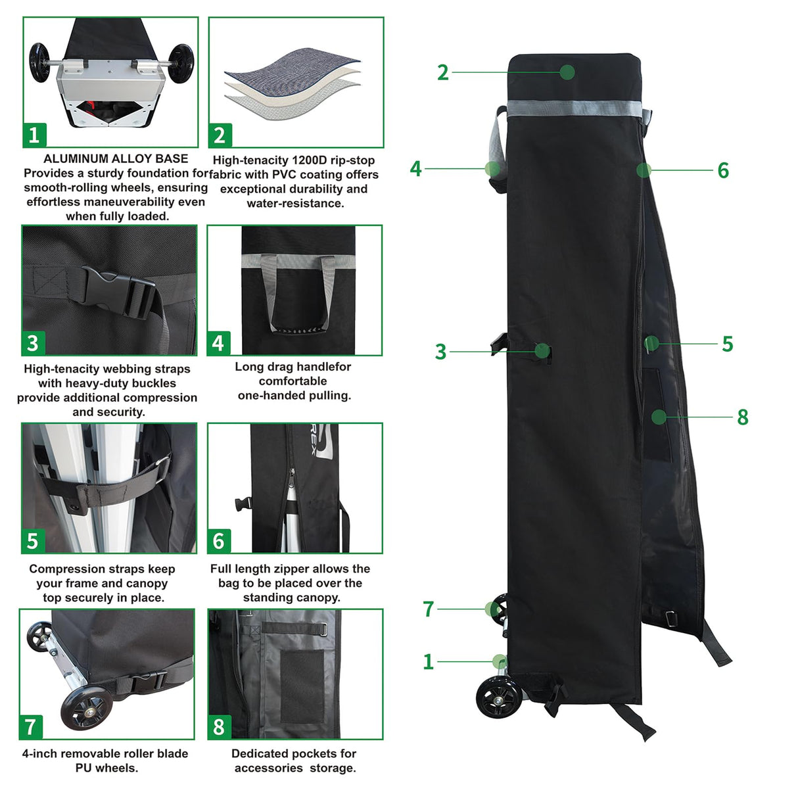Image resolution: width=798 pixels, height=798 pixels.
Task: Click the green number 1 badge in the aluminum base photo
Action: [x=34, y=135]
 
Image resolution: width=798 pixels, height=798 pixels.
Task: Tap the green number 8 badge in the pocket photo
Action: [x=219, y=727]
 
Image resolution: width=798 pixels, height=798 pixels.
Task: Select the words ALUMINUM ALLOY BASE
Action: [x=116, y=158]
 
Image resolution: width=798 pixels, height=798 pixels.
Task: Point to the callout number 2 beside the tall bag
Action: [x=443, y=72]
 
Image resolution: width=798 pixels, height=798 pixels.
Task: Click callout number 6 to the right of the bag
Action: [x=723, y=171]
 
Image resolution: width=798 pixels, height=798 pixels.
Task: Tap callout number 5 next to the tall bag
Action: [x=727, y=344]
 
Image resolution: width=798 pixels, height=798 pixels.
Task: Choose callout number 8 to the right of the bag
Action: [x=743, y=417]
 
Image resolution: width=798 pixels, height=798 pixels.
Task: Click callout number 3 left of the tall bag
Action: [x=440, y=352]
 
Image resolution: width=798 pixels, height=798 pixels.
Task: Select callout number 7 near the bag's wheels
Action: [x=429, y=609]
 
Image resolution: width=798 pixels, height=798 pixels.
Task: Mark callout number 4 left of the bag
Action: [x=415, y=169]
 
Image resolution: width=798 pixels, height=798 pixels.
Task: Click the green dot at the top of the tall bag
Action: [x=567, y=72]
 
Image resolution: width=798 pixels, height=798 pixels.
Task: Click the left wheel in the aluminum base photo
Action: [x=41, y=63]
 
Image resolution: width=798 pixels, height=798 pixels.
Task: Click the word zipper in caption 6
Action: [x=289, y=569]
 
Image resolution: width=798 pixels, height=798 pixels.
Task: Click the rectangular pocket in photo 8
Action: [x=302, y=684]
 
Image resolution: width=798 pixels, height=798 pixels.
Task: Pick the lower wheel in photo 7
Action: [x=85, y=707]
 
